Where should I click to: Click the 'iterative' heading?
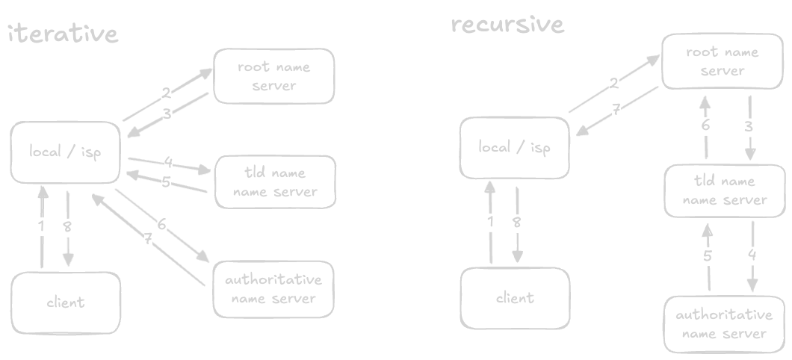[x=63, y=34]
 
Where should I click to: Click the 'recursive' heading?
[x=507, y=25]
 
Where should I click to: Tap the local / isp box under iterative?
[x=64, y=152]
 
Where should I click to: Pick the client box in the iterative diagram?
[x=66, y=302]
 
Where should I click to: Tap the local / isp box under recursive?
[x=514, y=147]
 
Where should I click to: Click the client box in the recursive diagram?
[x=515, y=298]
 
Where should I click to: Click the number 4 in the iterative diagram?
[x=169, y=162]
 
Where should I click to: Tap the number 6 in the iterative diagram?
[x=161, y=224]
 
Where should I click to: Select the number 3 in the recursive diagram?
[x=749, y=126]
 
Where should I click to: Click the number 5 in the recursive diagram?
[x=707, y=256]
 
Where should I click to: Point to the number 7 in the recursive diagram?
[x=616, y=109]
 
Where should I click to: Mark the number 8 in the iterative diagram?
[x=67, y=226]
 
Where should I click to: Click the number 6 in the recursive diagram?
[x=705, y=125]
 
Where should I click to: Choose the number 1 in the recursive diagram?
[x=490, y=221]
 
